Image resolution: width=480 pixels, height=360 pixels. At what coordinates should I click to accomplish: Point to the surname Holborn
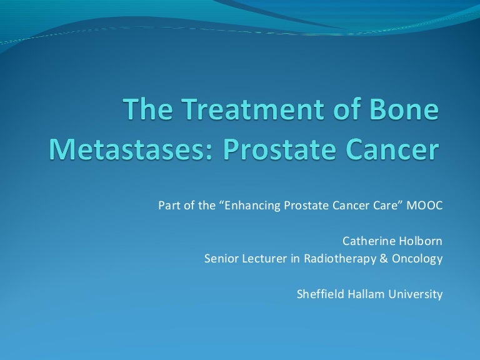click(x=420, y=241)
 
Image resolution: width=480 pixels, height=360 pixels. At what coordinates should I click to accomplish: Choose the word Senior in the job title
click(x=219, y=258)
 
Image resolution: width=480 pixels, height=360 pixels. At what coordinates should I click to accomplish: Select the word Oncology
click(x=419, y=258)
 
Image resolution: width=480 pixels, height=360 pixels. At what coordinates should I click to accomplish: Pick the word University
click(x=416, y=293)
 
